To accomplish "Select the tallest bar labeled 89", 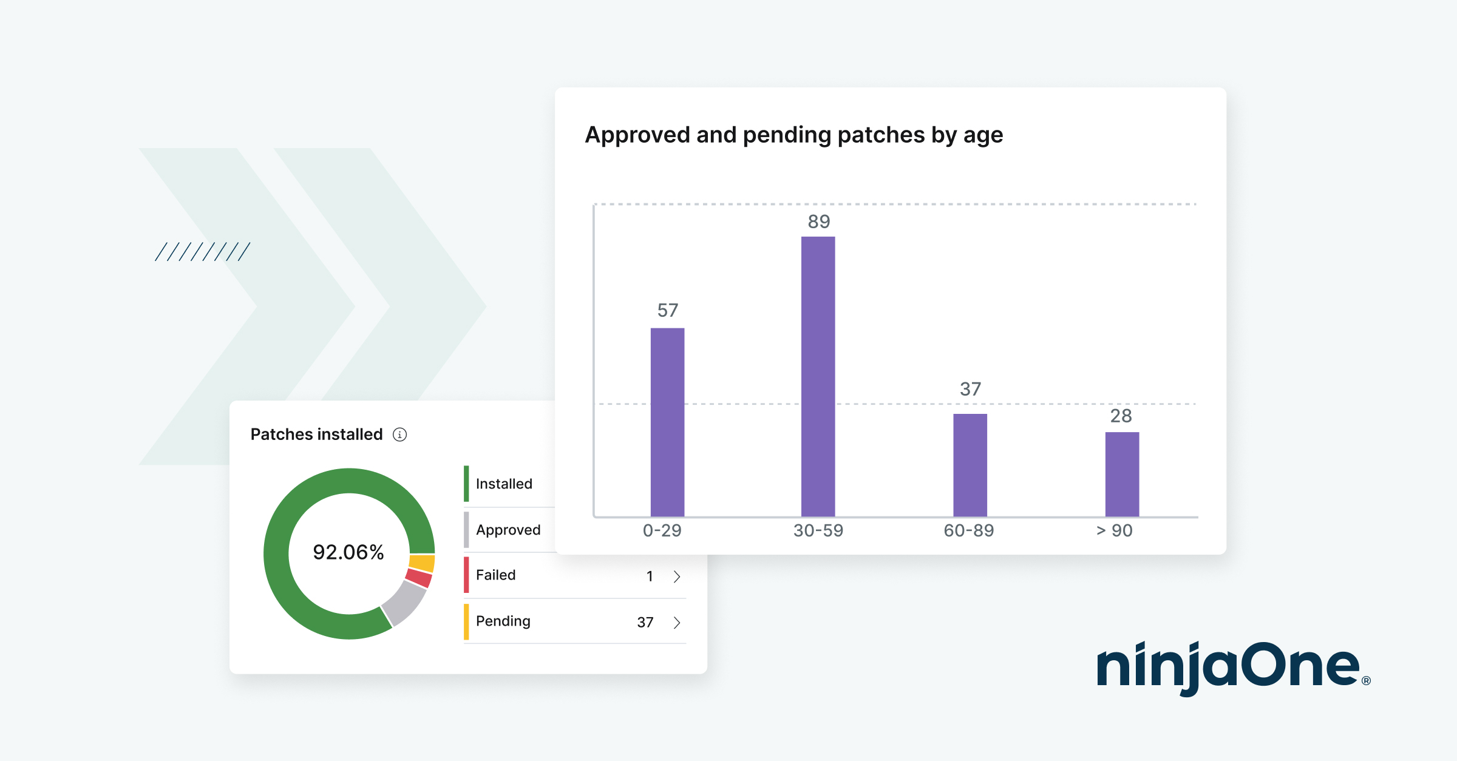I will pyautogui.click(x=818, y=376).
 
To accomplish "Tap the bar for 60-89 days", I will pyautogui.click(x=970, y=465).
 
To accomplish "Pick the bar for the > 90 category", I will pyautogui.click(x=1121, y=474).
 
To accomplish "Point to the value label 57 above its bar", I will pyautogui.click(x=667, y=311).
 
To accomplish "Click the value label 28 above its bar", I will pyautogui.click(x=1121, y=416).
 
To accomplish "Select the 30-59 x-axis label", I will pyautogui.click(x=818, y=531).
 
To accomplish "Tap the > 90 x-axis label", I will pyautogui.click(x=1114, y=531).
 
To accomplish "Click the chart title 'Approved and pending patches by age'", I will pyautogui.click(x=793, y=135).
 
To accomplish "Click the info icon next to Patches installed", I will pyautogui.click(x=399, y=435).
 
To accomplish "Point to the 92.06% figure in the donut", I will pyautogui.click(x=348, y=552).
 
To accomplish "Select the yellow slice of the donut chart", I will pyautogui.click(x=422, y=563).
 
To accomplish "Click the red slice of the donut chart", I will pyautogui.click(x=418, y=578).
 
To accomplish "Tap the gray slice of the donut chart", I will pyautogui.click(x=404, y=603).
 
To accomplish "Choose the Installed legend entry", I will pyautogui.click(x=504, y=484).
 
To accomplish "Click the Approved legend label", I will pyautogui.click(x=508, y=530).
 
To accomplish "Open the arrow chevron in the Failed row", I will pyautogui.click(x=677, y=577).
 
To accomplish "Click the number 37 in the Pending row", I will pyautogui.click(x=645, y=623).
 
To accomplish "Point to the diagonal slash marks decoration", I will pyautogui.click(x=202, y=252).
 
